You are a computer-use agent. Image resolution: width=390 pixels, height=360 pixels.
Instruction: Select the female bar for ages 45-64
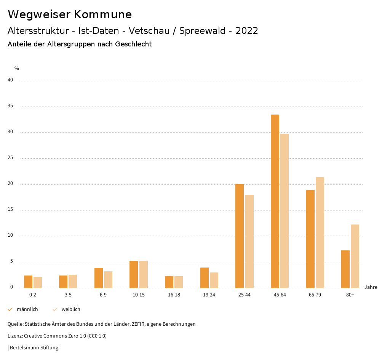coord(285,211)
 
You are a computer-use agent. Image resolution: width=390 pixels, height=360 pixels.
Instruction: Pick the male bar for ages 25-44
coord(240,236)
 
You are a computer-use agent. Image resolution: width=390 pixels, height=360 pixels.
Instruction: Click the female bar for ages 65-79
coord(320,233)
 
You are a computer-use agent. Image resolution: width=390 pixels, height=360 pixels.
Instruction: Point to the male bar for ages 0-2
coord(28,282)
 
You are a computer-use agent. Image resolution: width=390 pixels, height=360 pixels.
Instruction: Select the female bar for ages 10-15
coord(144,274)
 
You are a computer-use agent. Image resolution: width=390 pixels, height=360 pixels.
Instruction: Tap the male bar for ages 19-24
coord(205,277)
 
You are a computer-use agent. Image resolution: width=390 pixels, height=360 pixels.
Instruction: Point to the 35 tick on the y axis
coord(10,106)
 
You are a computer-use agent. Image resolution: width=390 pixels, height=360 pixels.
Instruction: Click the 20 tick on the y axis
coord(10,184)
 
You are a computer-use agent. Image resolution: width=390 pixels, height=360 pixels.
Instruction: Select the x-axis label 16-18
coord(174,295)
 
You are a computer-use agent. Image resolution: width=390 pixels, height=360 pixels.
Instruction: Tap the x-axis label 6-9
coord(103,295)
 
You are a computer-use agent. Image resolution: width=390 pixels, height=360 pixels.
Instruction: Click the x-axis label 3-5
coord(68,295)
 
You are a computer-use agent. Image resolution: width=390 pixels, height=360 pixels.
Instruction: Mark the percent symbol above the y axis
coord(17,68)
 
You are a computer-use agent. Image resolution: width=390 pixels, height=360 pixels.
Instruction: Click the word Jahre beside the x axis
coord(371,287)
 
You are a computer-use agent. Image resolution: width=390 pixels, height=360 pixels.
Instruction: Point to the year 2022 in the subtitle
coord(247,31)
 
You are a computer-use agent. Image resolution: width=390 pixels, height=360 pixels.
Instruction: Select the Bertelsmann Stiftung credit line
coord(34,347)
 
